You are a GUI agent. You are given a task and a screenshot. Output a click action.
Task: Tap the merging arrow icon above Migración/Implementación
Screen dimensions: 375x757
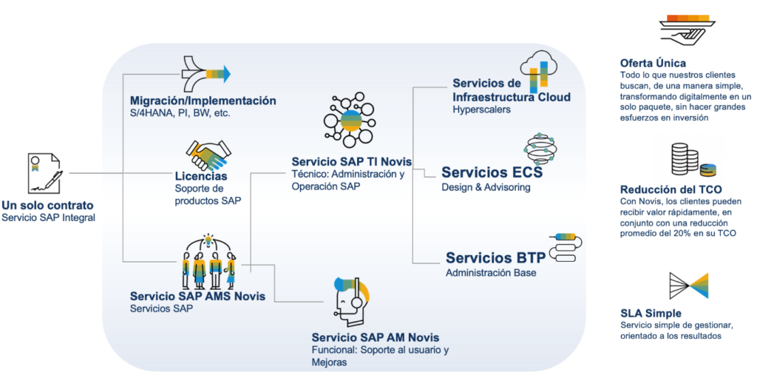206,72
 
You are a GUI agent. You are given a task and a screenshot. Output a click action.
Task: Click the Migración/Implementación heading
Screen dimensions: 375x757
203,101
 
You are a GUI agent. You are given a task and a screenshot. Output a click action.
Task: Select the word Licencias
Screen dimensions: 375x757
200,176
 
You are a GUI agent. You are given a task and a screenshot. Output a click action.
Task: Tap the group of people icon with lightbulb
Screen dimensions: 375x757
209,263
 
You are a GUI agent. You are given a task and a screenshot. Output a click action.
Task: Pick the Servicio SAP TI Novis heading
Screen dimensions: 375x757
351,161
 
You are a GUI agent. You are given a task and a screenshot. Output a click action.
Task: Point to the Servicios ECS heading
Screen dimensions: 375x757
492,172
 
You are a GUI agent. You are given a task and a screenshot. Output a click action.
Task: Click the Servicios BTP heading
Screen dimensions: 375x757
495,258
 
